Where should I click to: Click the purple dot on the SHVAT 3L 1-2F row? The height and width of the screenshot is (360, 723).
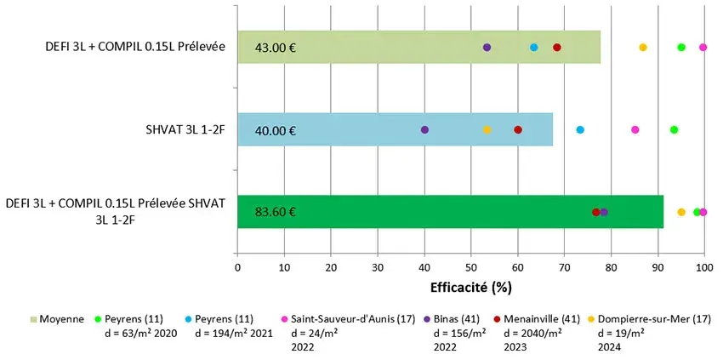[424, 129]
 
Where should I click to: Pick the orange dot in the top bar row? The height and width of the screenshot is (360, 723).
[643, 47]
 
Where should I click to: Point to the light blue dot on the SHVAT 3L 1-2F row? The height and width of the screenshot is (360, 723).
[580, 129]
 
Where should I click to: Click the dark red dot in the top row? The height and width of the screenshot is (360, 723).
[557, 47]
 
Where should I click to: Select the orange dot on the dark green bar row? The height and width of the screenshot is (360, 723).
[681, 212]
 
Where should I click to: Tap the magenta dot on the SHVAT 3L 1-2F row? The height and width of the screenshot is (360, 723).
[635, 129]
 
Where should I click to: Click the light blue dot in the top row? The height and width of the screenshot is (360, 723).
[534, 47]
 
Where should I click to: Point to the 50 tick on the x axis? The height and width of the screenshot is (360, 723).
[471, 267]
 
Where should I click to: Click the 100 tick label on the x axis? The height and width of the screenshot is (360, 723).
[703, 267]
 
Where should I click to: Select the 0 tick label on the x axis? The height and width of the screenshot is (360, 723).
[237, 267]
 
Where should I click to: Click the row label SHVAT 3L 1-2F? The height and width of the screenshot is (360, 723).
[185, 130]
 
